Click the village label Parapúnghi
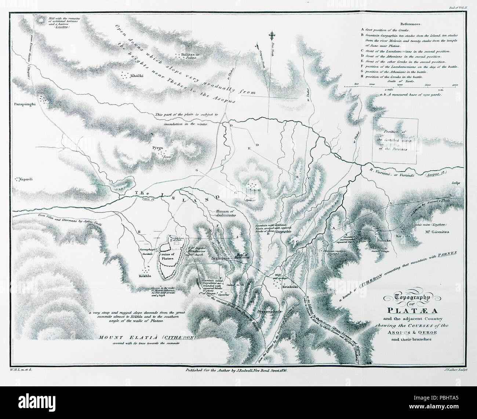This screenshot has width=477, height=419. (25, 104)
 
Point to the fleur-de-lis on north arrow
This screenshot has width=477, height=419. (272, 36)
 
